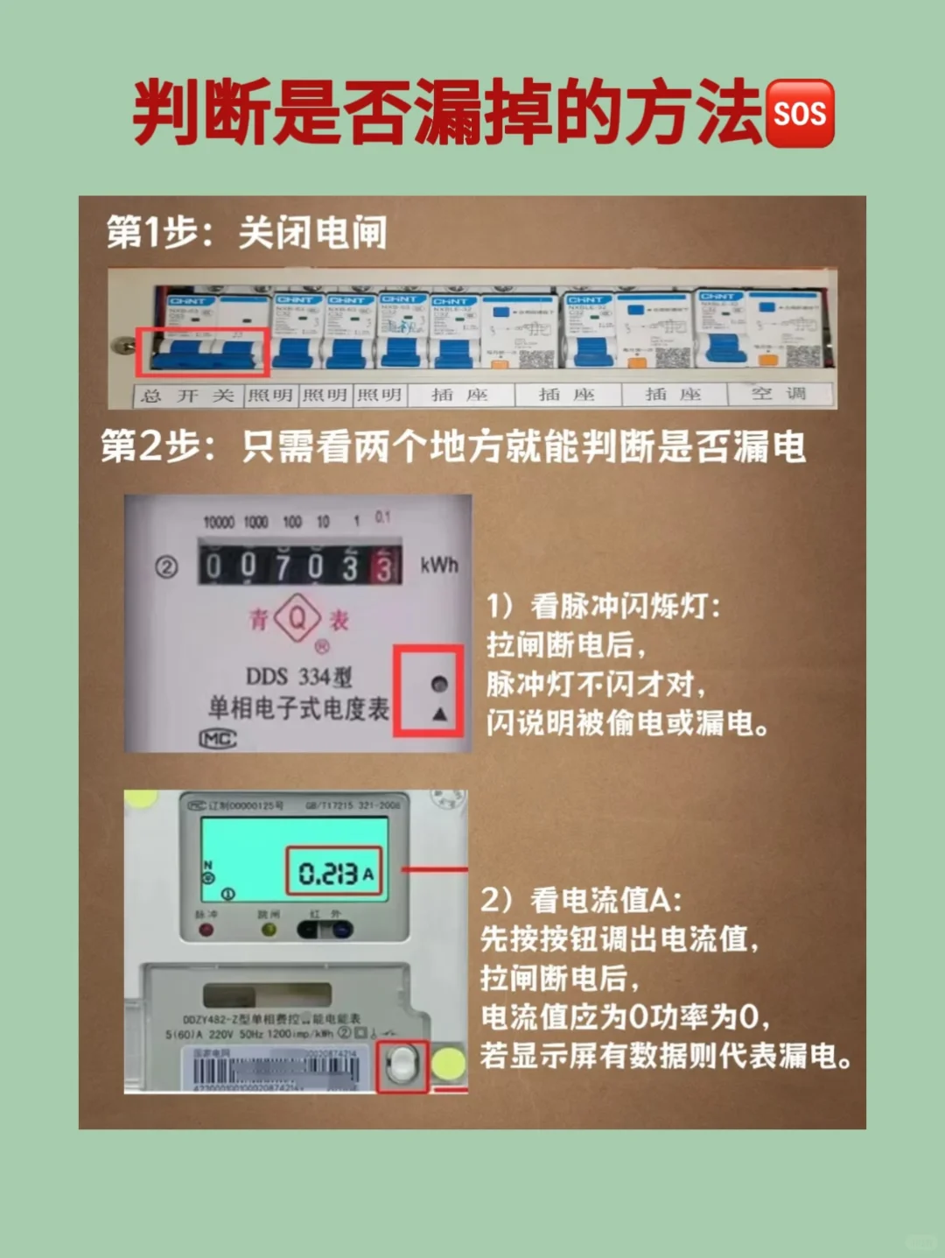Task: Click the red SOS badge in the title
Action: point(800,114)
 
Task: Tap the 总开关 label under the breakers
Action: point(187,396)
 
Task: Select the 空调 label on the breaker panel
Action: point(779,394)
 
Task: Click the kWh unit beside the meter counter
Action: point(438,566)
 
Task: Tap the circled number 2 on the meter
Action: point(166,567)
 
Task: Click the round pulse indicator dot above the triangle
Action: point(439,684)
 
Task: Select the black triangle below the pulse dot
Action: point(439,714)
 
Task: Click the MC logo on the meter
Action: point(218,739)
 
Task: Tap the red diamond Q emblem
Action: point(297,618)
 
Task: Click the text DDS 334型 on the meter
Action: point(298,676)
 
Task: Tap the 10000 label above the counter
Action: point(219,522)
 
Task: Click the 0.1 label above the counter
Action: point(383,517)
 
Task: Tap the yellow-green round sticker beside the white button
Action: point(449,1064)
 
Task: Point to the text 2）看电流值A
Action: point(581,899)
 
